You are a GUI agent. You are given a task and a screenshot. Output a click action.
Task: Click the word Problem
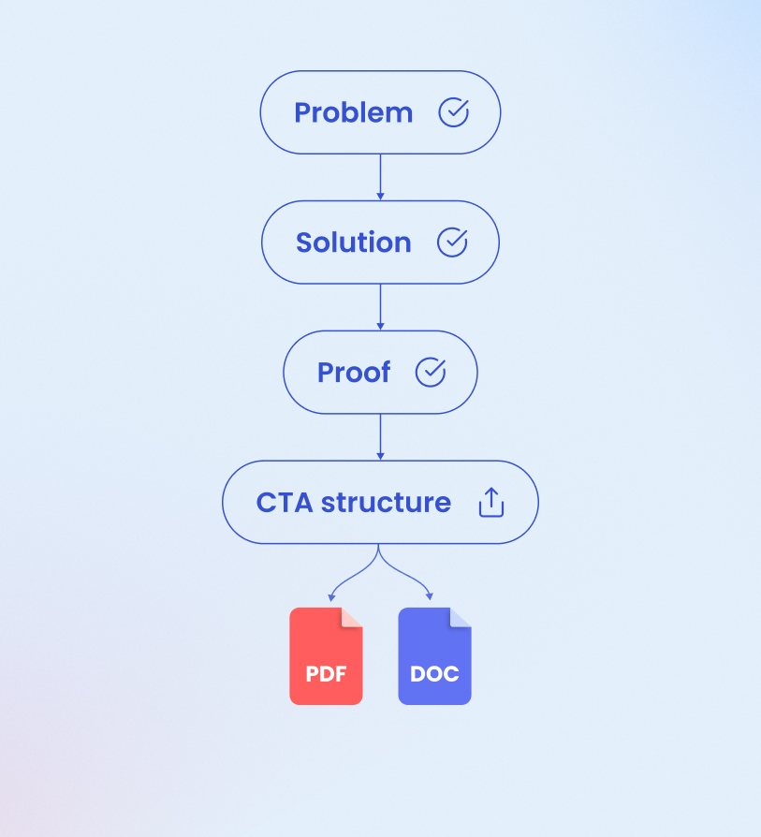tap(353, 112)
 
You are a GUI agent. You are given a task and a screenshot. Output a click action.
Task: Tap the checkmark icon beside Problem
tap(454, 112)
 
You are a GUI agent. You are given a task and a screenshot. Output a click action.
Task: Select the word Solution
tap(353, 242)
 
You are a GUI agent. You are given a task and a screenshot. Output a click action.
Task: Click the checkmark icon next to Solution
tap(452, 242)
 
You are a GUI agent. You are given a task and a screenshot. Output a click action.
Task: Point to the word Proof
tap(354, 373)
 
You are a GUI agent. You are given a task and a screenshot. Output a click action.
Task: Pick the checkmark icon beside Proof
tap(431, 373)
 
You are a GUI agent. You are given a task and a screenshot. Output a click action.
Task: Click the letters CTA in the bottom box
tap(285, 503)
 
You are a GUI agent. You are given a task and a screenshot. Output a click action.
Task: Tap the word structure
tap(386, 503)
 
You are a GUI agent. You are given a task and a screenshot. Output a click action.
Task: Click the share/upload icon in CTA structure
tap(491, 503)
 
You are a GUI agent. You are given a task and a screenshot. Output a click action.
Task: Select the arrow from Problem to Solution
tap(380, 177)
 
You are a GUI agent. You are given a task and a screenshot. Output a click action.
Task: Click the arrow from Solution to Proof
tap(380, 307)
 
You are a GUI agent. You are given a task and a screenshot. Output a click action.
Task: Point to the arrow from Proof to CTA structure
tap(380, 437)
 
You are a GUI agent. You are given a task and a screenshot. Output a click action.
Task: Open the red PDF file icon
tap(326, 656)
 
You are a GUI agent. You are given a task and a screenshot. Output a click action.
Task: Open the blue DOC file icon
tap(434, 656)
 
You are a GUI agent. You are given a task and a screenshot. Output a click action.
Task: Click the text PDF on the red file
tap(326, 674)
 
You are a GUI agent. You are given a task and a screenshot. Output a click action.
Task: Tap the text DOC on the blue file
tap(434, 674)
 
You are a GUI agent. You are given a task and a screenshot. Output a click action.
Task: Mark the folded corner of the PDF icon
tap(352, 618)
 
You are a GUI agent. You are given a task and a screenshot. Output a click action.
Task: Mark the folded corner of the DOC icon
tap(461, 618)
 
